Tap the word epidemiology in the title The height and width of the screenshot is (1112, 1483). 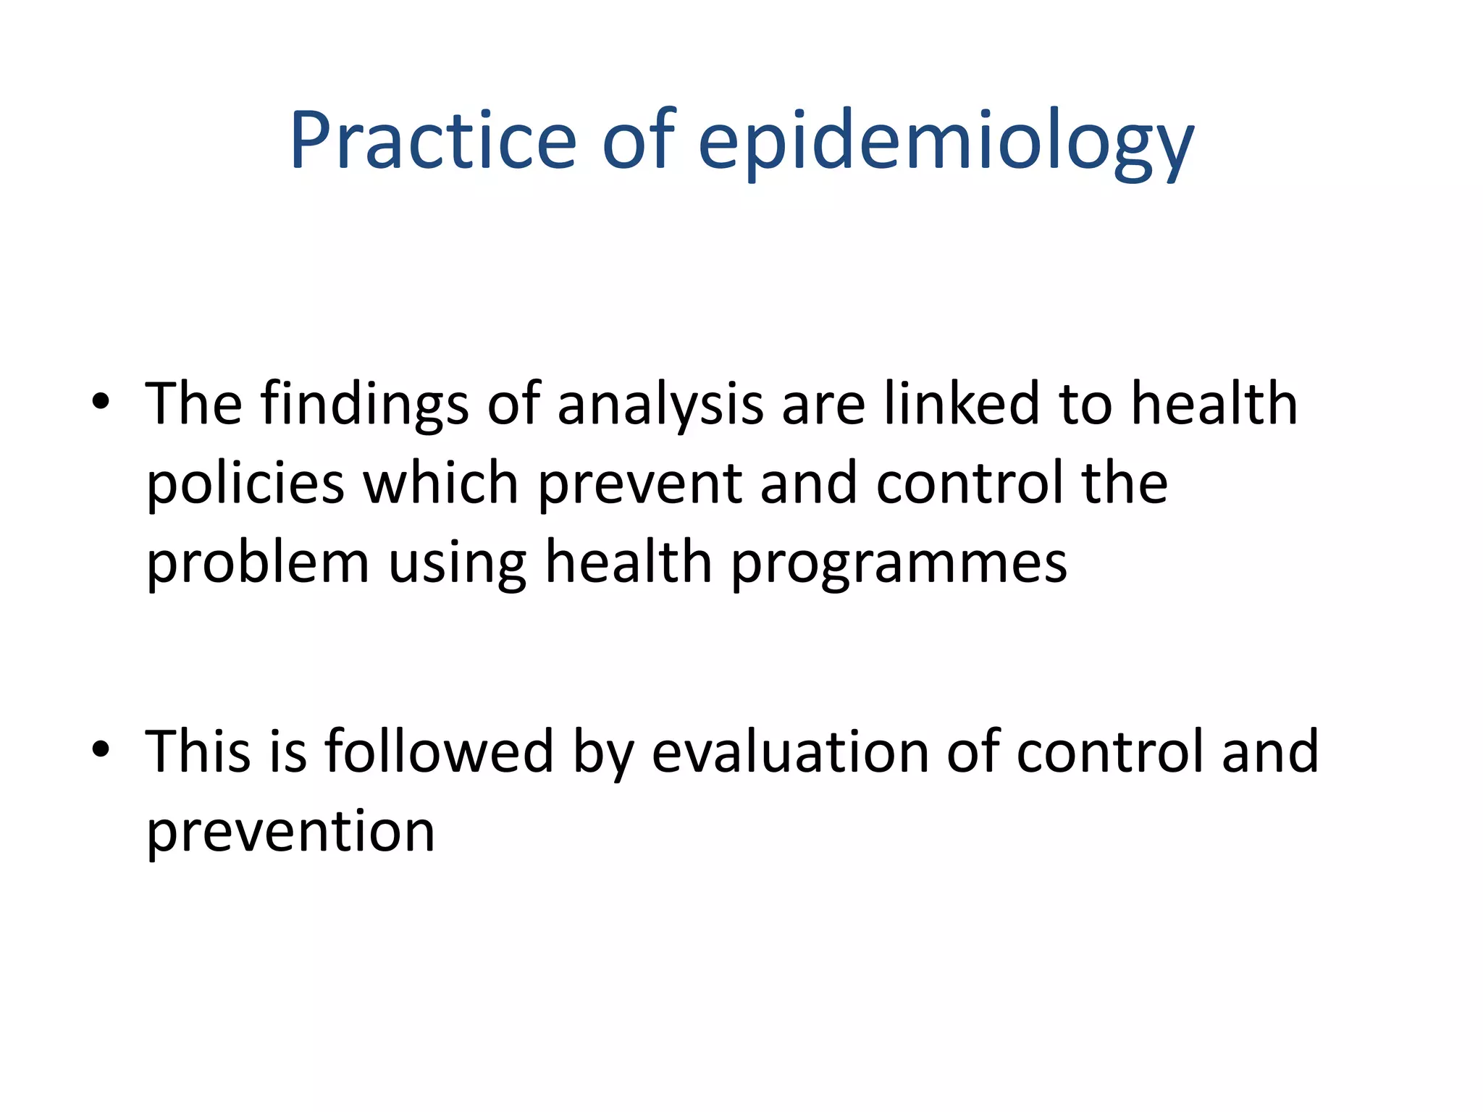(946, 143)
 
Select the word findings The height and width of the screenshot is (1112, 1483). (364, 406)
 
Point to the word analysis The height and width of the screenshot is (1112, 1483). (660, 406)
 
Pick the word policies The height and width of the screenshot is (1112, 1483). (245, 484)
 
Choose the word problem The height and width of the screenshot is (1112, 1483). (258, 564)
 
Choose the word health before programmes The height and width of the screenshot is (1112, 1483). (629, 563)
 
